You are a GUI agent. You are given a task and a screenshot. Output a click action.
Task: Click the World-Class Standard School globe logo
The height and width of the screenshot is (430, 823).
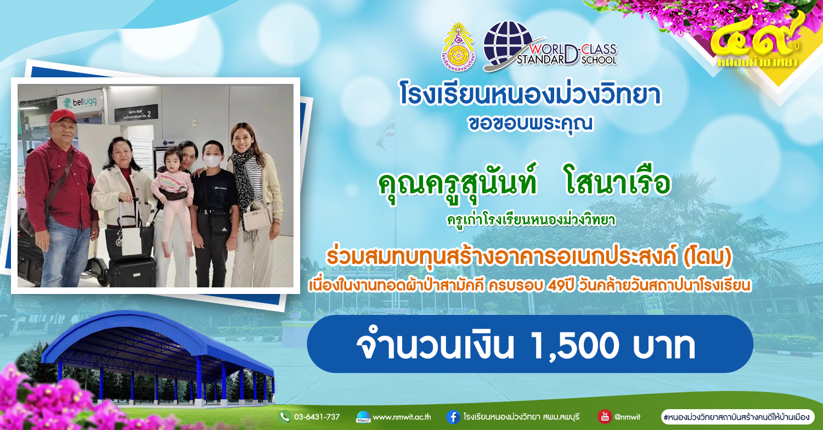pyautogui.click(x=550, y=46)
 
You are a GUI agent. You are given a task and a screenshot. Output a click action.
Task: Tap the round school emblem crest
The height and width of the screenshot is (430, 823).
pyautogui.click(x=458, y=46)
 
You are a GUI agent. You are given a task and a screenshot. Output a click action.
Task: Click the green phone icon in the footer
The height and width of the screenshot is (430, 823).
pyautogui.click(x=284, y=417)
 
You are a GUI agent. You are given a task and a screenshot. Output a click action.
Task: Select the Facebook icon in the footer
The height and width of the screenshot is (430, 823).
pyautogui.click(x=453, y=417)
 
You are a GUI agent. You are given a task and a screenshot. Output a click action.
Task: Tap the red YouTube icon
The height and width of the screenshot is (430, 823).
pyautogui.click(x=605, y=416)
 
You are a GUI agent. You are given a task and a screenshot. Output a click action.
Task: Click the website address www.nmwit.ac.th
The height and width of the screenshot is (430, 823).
pyautogui.click(x=402, y=417)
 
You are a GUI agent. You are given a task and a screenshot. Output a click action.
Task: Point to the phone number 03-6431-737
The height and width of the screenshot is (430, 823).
pyautogui.click(x=317, y=417)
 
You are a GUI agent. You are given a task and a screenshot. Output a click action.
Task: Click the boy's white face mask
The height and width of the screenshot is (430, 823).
pyautogui.click(x=213, y=160)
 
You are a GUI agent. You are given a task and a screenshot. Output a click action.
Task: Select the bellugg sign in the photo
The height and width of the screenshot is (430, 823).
pyautogui.click(x=80, y=102)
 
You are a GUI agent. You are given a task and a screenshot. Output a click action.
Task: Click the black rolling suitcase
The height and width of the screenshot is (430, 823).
pyautogui.click(x=132, y=271)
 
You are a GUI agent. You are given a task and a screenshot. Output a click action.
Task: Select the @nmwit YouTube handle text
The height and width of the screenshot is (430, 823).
pyautogui.click(x=627, y=417)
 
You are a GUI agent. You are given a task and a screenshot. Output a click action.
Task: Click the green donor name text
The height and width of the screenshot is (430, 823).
pyautogui.click(x=525, y=184)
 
